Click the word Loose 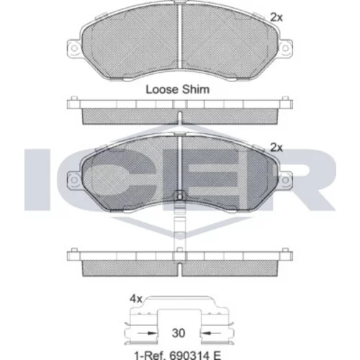click(162, 89)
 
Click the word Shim click(196, 89)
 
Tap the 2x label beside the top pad click(276, 17)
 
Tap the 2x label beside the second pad click(276, 148)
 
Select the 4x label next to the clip click(136, 299)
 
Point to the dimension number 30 click(179, 333)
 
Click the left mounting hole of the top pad click(74, 48)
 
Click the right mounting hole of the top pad click(285, 48)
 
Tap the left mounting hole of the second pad click(74, 180)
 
